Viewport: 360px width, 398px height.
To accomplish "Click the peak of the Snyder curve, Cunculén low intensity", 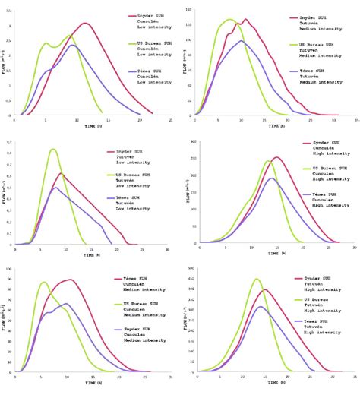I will click(x=85, y=23).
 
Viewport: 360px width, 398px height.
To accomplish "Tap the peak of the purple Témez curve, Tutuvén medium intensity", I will click(x=242, y=41).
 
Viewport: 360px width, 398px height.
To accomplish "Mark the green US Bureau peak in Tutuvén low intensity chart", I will click(x=52, y=149).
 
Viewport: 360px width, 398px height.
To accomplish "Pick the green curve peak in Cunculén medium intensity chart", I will click(x=43, y=283).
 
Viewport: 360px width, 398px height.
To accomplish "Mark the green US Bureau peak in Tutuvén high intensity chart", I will click(x=257, y=279).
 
